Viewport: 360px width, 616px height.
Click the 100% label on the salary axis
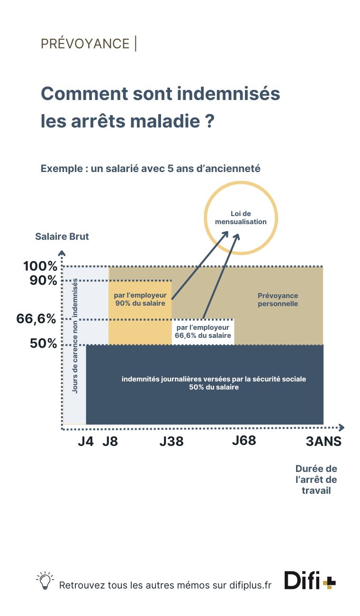(40, 266)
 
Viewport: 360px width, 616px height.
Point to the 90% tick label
(44, 281)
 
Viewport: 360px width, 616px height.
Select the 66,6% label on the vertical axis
(36, 319)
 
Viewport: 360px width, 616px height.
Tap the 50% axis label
(44, 343)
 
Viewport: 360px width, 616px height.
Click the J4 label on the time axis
(86, 441)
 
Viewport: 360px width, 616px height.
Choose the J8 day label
(110, 441)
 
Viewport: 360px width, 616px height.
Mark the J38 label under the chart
(171, 441)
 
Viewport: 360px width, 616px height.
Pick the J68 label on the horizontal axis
(244, 441)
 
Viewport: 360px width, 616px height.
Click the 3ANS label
(324, 441)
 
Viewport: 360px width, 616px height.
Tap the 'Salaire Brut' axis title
(62, 236)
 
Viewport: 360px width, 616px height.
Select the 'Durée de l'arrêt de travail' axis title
(316, 480)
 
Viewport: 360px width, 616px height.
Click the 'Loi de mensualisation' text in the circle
(241, 218)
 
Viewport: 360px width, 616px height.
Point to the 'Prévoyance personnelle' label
(278, 300)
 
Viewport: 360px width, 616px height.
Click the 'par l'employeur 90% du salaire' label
(140, 299)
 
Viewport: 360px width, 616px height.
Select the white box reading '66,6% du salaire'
(203, 332)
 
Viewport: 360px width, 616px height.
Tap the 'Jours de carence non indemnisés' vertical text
(75, 336)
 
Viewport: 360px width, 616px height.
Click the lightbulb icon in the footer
(45, 581)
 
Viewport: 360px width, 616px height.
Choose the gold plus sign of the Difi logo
(329, 583)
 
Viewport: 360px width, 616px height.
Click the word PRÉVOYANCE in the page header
(85, 44)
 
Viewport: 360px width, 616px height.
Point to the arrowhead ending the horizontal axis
(342, 427)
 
